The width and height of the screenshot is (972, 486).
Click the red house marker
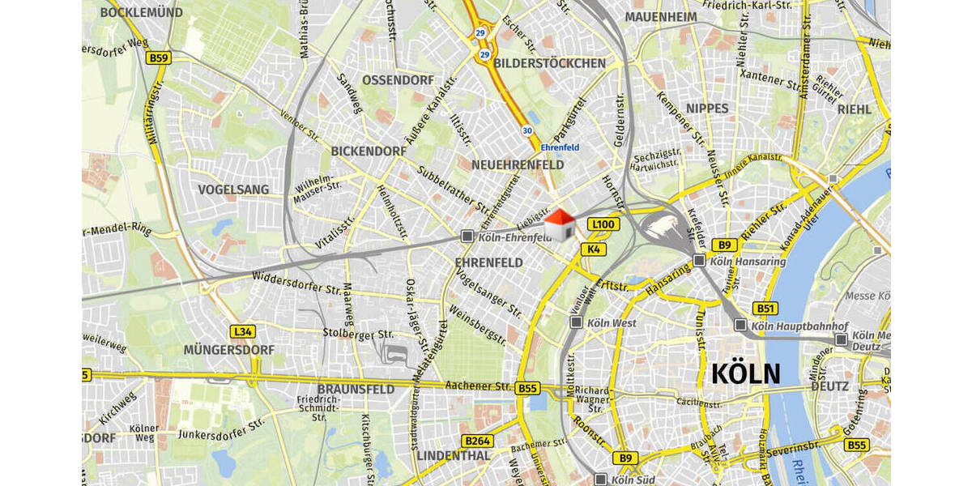(x=559, y=224)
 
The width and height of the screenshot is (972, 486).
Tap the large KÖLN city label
(x=745, y=374)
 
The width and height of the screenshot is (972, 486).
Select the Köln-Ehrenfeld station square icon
(x=467, y=237)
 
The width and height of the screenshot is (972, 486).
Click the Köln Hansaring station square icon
(x=699, y=261)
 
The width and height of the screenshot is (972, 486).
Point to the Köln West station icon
(x=576, y=322)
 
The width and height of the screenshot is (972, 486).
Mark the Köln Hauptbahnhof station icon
(x=740, y=326)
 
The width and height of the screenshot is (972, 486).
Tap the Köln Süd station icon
(x=600, y=479)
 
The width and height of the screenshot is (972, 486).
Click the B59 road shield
(x=159, y=58)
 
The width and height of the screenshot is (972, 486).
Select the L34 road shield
(x=243, y=331)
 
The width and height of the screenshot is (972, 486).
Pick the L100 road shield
(x=603, y=224)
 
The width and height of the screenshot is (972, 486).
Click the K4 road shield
(x=594, y=249)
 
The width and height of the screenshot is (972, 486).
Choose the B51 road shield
(x=765, y=309)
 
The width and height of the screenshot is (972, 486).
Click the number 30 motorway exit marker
(x=526, y=130)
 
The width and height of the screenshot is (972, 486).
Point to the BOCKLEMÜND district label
(x=141, y=13)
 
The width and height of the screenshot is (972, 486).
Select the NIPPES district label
(x=707, y=109)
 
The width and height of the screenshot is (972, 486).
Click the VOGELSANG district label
(x=233, y=190)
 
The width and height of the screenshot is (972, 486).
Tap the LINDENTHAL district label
(x=454, y=456)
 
